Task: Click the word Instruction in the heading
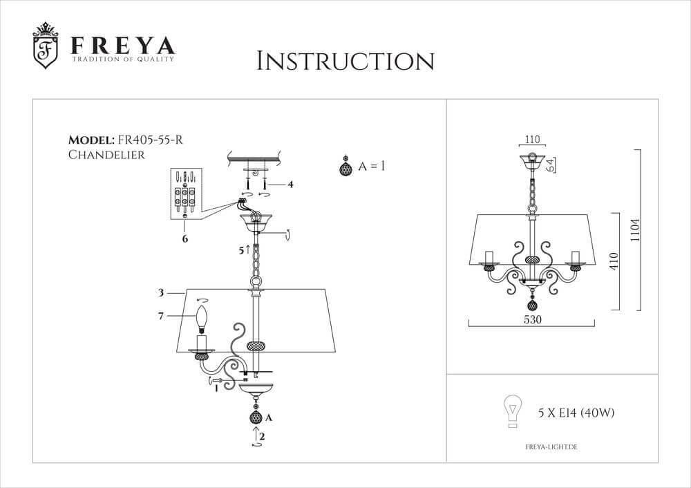[x=345, y=61]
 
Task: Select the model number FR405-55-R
[x=151, y=140]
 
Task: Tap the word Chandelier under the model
[x=106, y=155]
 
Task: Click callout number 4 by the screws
[x=291, y=185]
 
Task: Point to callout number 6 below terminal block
[x=185, y=238]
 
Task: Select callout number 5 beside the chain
[x=240, y=250]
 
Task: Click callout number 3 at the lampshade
[x=160, y=293]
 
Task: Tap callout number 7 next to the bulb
[x=160, y=316]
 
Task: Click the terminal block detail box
[x=186, y=193]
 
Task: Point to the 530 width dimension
[x=531, y=320]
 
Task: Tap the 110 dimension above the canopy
[x=532, y=139]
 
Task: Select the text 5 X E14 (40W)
[x=576, y=413]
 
